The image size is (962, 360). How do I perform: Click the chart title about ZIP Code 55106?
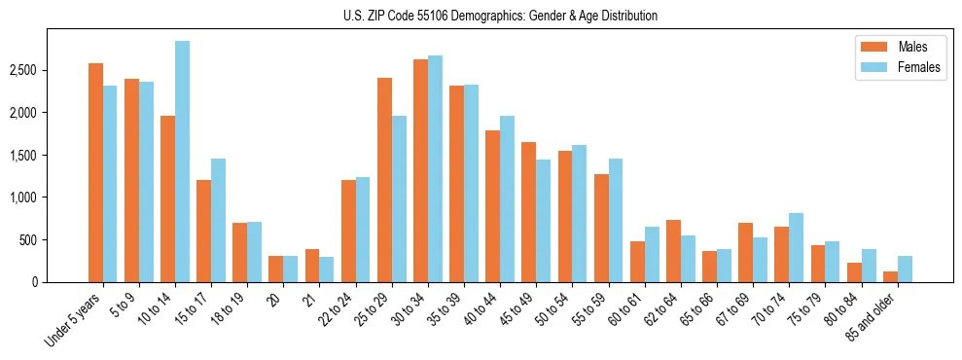point(500,16)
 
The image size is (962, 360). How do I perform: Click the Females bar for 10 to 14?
point(183,162)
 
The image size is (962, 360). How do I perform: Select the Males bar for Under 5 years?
point(95,172)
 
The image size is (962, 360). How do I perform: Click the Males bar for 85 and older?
point(890,276)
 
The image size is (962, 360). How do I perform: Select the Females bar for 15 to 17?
point(219,220)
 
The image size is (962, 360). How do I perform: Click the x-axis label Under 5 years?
point(73,321)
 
